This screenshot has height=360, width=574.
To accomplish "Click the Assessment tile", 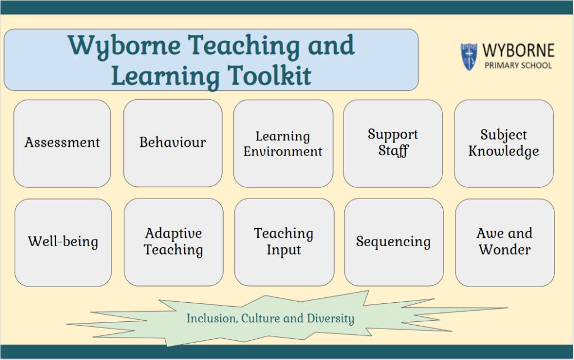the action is pyautogui.click(x=62, y=144).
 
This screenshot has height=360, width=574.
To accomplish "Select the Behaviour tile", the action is pyautogui.click(x=173, y=143).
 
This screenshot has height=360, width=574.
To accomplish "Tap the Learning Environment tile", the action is pyautogui.click(x=283, y=144).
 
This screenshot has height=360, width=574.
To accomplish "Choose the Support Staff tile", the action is pyautogui.click(x=393, y=144).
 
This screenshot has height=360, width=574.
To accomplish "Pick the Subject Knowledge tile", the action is pyautogui.click(x=504, y=144).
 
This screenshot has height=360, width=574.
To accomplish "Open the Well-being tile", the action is pyautogui.click(x=63, y=242).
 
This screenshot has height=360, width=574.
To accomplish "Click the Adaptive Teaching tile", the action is pyautogui.click(x=174, y=242).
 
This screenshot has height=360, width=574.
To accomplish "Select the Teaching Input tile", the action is pyautogui.click(x=284, y=242).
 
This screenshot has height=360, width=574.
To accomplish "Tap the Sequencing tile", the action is pyautogui.click(x=394, y=242).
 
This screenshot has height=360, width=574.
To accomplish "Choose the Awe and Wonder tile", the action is pyautogui.click(x=505, y=242).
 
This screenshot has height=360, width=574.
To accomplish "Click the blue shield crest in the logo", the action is pyautogui.click(x=469, y=57).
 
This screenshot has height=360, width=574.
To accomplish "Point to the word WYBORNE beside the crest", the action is pyautogui.click(x=519, y=50).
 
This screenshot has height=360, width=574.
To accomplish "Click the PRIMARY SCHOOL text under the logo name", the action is pyautogui.click(x=519, y=66).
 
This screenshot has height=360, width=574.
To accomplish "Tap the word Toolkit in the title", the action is pyautogui.click(x=270, y=76).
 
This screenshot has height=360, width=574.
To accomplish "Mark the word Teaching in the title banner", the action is pyautogui.click(x=244, y=47).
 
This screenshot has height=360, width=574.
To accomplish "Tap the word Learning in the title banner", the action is pyautogui.click(x=165, y=76).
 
